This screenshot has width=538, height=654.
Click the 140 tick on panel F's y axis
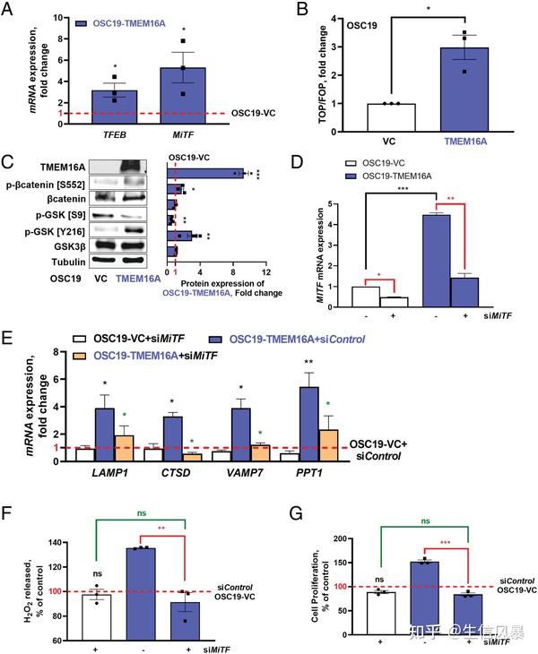[57, 543]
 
